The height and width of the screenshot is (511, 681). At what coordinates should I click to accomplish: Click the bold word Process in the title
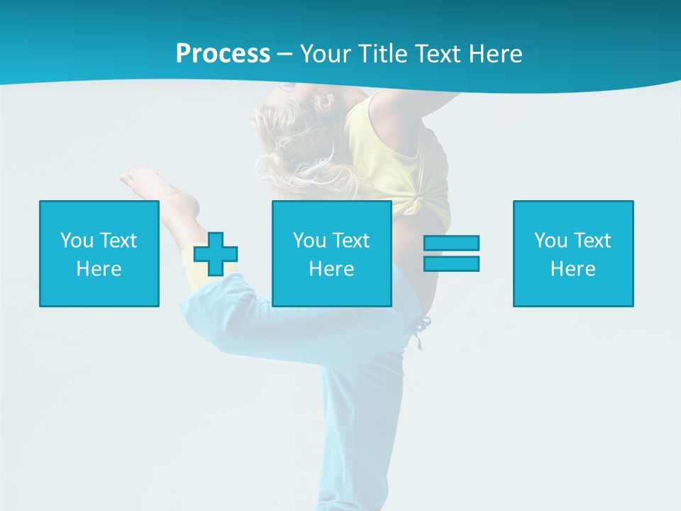tap(223, 54)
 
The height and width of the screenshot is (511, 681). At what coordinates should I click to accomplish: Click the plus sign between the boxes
tap(216, 254)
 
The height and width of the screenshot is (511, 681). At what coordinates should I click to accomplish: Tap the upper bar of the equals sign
tap(451, 243)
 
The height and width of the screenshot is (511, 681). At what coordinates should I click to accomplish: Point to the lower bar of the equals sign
tap(451, 263)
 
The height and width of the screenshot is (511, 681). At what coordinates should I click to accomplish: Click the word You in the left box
tap(77, 241)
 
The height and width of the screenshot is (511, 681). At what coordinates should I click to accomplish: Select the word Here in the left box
tap(99, 269)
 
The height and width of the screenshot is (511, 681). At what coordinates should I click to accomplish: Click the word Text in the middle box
tap(350, 241)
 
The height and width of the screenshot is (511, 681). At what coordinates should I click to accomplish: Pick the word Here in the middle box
tap(331, 269)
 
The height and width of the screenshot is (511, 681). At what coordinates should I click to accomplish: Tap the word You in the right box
tap(550, 241)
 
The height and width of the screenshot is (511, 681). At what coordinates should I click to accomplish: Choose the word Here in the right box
tap(572, 269)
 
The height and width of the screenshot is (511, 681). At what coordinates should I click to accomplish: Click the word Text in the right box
tap(591, 241)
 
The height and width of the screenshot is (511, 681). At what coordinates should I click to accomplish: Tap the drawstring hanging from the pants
tap(420, 332)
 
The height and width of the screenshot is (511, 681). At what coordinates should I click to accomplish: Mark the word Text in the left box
tap(117, 241)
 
